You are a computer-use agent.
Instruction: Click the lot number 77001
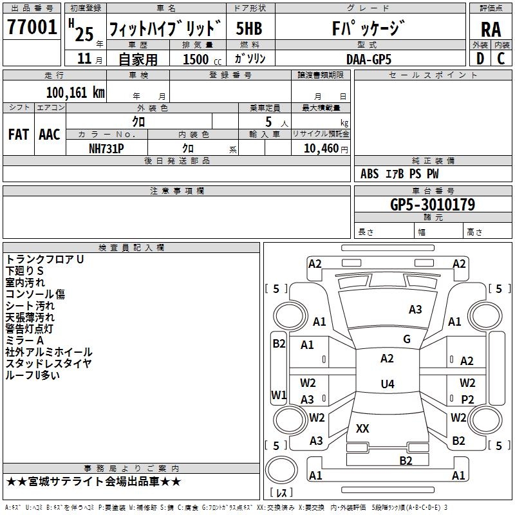(x=32, y=27)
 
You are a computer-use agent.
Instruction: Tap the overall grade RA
(x=491, y=30)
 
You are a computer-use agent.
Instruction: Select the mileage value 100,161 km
(x=75, y=93)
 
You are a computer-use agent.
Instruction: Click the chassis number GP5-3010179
(x=433, y=205)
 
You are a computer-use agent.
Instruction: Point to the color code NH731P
(x=106, y=149)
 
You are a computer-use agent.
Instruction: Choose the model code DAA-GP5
(x=369, y=59)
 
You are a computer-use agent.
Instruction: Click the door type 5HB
(x=249, y=28)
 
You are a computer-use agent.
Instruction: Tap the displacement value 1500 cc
(x=202, y=59)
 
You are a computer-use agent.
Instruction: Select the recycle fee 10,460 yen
(x=326, y=149)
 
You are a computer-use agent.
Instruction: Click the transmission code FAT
(x=19, y=135)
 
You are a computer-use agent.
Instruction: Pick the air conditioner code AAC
(x=50, y=135)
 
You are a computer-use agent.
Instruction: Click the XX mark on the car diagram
(x=362, y=428)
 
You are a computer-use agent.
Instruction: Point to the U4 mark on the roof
(x=388, y=384)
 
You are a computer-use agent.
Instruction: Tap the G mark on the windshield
(x=407, y=339)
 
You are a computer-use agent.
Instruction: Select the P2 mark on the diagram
(x=467, y=399)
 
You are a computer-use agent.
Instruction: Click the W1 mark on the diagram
(x=279, y=395)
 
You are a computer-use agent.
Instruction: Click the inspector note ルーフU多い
(x=33, y=375)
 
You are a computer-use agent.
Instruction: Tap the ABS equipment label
(x=370, y=174)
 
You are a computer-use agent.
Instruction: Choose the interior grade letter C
(x=501, y=59)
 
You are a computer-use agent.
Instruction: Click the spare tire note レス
(x=281, y=492)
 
